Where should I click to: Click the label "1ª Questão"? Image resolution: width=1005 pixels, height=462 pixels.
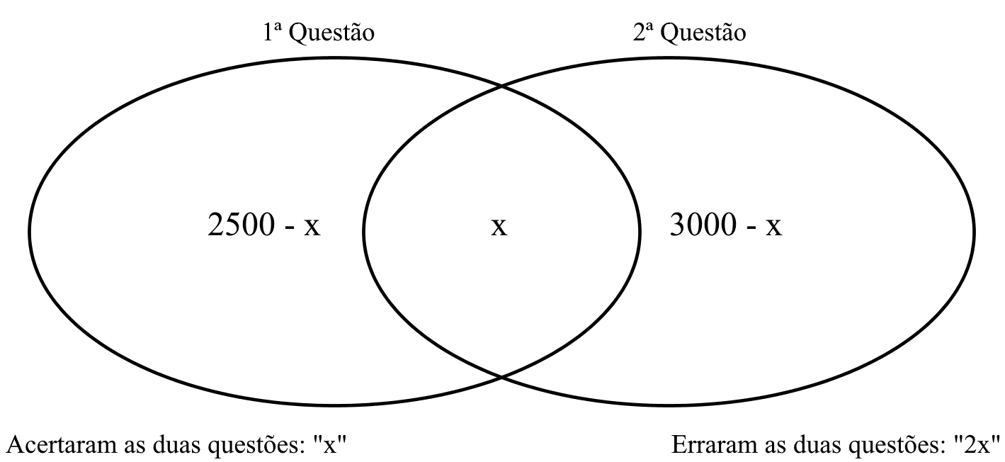pyautogui.click(x=319, y=33)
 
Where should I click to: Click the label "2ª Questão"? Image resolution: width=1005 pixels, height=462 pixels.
pyautogui.click(x=690, y=33)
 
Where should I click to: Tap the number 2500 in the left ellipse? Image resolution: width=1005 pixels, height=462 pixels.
pyautogui.click(x=242, y=225)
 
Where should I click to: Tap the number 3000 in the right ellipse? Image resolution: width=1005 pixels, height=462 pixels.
pyautogui.click(x=703, y=225)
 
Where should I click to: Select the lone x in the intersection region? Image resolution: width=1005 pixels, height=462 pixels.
pyautogui.click(x=499, y=227)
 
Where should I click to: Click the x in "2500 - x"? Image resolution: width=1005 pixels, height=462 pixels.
pyautogui.click(x=312, y=227)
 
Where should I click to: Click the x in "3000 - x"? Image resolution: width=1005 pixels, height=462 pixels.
pyautogui.click(x=773, y=227)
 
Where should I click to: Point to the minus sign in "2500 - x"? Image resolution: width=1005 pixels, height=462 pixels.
pyautogui.click(x=290, y=229)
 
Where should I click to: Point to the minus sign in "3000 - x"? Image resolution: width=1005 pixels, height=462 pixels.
pyautogui.click(x=751, y=229)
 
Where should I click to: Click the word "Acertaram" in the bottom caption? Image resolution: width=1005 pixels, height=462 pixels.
pyautogui.click(x=63, y=445)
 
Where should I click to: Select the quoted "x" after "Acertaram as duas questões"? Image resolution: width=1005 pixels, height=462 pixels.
pyautogui.click(x=330, y=445)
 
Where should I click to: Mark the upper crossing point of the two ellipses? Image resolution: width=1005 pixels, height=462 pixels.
pyautogui.click(x=501, y=86)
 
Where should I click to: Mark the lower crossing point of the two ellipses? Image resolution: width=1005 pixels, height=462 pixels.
pyautogui.click(x=501, y=377)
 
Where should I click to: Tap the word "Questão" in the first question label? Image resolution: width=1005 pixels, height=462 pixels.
pyautogui.click(x=331, y=33)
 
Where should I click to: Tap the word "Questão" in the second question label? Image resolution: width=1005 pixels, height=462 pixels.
pyautogui.click(x=703, y=33)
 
